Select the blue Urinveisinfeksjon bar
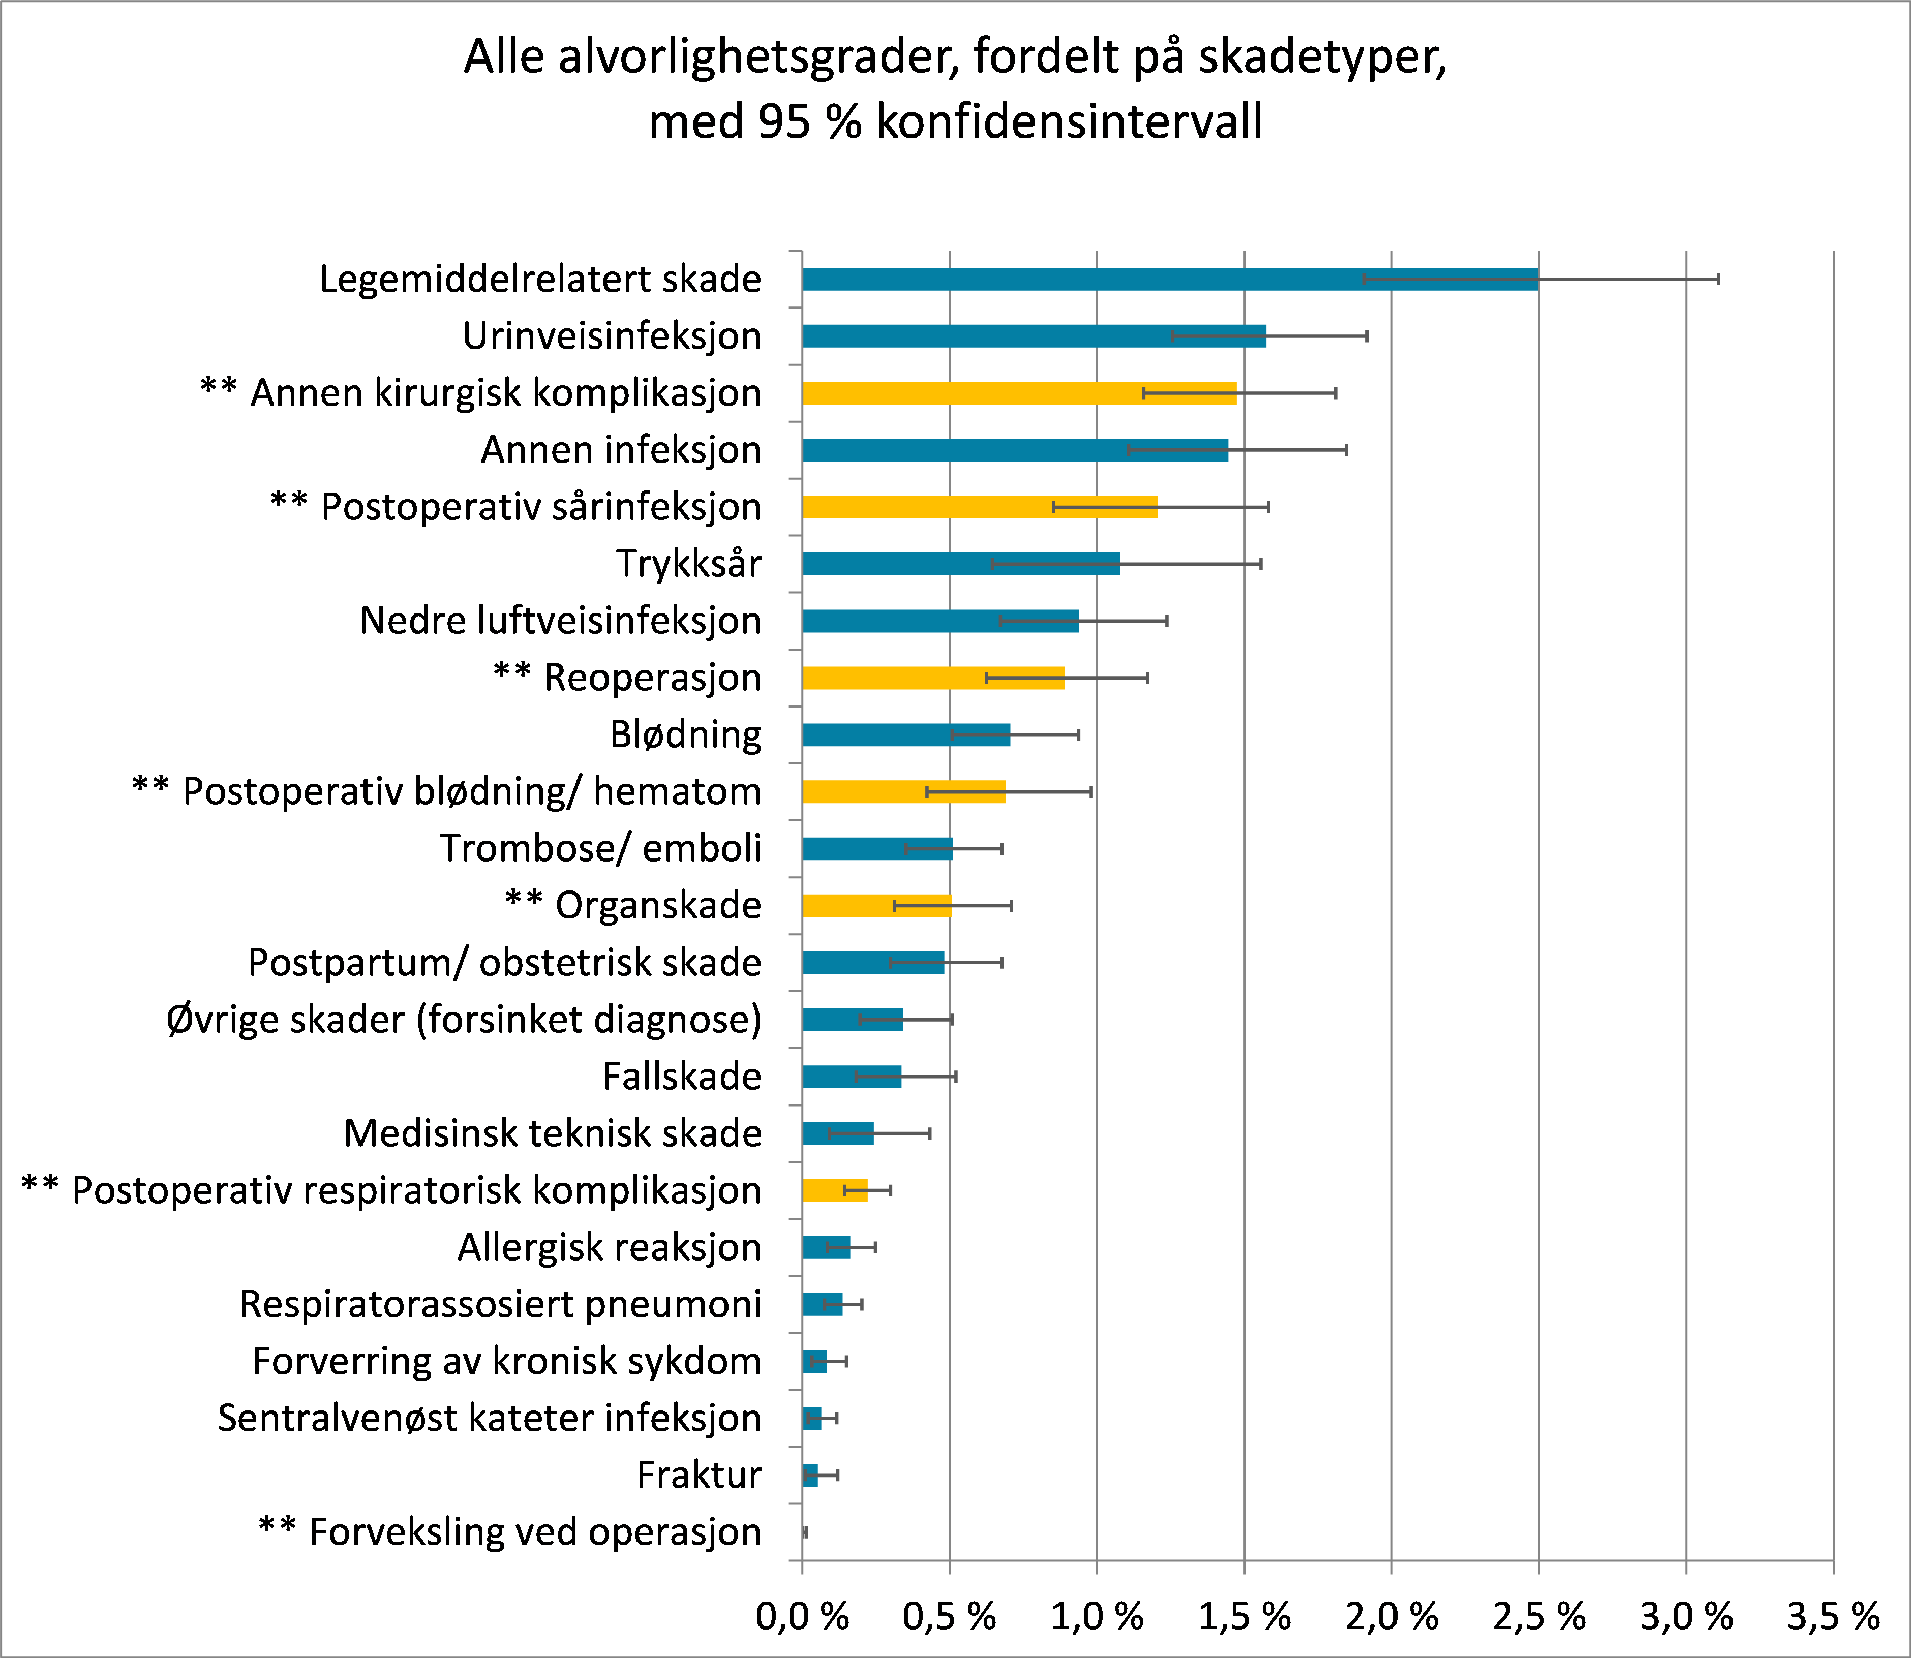[1034, 336]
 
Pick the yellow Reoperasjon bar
[932, 678]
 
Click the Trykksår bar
[960, 564]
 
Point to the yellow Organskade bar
[876, 905]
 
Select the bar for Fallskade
[851, 1077]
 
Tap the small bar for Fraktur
[810, 1475]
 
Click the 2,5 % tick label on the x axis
[1539, 1616]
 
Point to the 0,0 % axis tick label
[802, 1616]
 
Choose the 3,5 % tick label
[1832, 1616]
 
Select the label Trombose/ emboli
[600, 848]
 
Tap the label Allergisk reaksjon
[609, 1247]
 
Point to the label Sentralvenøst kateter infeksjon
[489, 1418]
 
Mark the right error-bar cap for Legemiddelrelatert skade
[1718, 279]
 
